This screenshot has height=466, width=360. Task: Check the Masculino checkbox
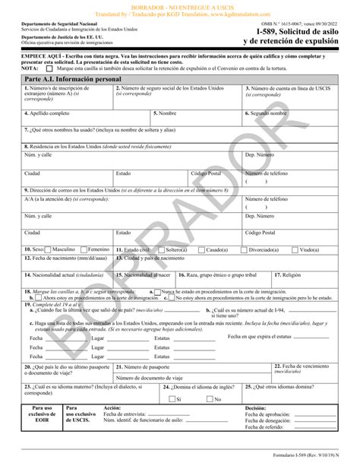pyautogui.click(x=49, y=249)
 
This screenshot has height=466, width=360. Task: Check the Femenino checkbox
pyautogui.click(x=84, y=249)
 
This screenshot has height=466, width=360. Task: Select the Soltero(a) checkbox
pyautogui.click(x=163, y=249)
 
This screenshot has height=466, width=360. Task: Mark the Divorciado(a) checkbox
pyautogui.click(x=250, y=249)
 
